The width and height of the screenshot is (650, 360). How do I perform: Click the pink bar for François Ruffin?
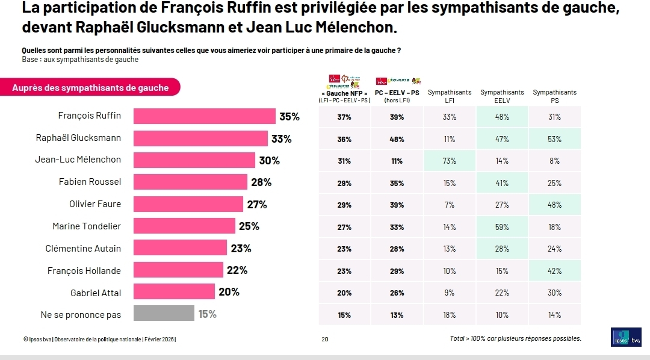pos(204,116)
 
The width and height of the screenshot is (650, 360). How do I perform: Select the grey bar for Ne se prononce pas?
pos(164,314)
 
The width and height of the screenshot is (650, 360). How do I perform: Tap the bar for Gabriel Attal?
pos(174,293)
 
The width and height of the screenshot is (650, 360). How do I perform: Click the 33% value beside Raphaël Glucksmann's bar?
pos(281,139)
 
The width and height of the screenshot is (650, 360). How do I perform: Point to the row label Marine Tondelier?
pos(87,226)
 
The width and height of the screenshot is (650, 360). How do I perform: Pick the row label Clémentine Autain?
pos(83,249)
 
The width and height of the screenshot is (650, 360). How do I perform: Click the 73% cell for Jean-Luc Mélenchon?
pos(449,161)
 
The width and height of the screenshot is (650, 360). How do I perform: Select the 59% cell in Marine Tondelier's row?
pos(502,227)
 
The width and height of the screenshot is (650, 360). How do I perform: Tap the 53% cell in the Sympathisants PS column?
pos(554,139)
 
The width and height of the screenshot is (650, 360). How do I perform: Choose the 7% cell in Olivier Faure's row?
pos(449,205)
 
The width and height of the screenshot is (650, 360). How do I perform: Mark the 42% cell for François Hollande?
pos(554,271)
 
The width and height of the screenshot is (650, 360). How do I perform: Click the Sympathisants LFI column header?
pos(449,96)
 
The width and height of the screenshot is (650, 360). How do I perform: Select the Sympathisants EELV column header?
pos(502,96)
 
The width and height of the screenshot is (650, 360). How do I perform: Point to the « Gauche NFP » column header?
pos(344,96)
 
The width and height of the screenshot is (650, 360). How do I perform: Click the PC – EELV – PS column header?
pos(397,96)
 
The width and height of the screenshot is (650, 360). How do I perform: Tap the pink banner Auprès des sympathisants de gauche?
pos(90,88)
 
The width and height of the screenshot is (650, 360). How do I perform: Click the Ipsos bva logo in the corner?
pos(627,338)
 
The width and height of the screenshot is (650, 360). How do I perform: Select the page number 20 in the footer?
pos(325,340)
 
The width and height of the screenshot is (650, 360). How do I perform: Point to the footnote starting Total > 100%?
pos(515,338)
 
